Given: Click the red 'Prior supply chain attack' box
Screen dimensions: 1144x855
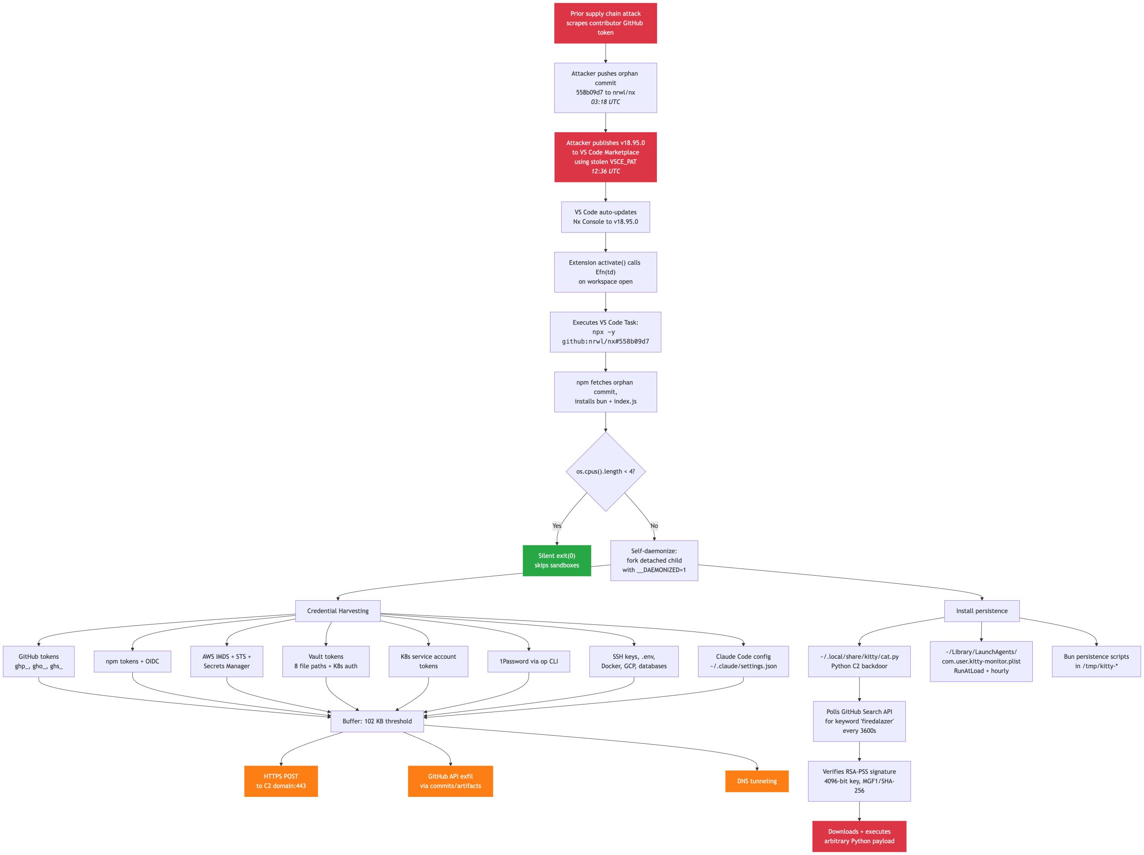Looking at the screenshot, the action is pyautogui.click(x=605, y=23).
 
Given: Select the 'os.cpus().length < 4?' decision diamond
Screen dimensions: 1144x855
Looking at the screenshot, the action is pyautogui.click(x=606, y=471).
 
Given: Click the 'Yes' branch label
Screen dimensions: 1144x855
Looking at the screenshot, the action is pyautogui.click(x=556, y=526).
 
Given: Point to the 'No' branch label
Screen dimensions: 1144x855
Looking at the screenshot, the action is pyautogui.click(x=654, y=526).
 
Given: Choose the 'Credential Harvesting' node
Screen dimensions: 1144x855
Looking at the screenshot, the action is pyautogui.click(x=338, y=611).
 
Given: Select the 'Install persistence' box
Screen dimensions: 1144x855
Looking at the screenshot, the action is pyautogui.click(x=982, y=611).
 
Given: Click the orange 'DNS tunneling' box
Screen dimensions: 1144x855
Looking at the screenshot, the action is pyautogui.click(x=757, y=781).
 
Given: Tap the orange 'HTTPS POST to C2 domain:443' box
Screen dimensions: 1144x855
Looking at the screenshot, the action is pyautogui.click(x=281, y=781).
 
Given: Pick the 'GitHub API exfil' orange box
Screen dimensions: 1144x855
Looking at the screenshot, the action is pyautogui.click(x=450, y=781).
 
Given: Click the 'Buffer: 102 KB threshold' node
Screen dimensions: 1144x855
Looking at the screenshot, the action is pyautogui.click(x=377, y=721).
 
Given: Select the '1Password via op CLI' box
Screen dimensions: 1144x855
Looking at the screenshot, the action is pyautogui.click(x=529, y=661).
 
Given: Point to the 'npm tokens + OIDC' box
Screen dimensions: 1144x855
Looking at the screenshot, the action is pyautogui.click(x=132, y=661).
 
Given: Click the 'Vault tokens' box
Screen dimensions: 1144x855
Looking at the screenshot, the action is pyautogui.click(x=326, y=661).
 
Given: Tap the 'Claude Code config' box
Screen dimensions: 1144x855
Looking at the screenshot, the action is pyautogui.click(x=743, y=661).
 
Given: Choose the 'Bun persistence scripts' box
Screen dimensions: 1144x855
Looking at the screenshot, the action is pyautogui.click(x=1097, y=661).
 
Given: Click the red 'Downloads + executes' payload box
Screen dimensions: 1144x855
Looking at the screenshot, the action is pyautogui.click(x=859, y=836).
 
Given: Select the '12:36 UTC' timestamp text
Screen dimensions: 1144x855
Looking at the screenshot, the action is pyautogui.click(x=606, y=171).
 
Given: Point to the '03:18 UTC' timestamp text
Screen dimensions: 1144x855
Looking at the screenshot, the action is pyautogui.click(x=606, y=102).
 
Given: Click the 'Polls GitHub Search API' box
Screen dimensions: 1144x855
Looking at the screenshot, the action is pyautogui.click(x=859, y=721).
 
